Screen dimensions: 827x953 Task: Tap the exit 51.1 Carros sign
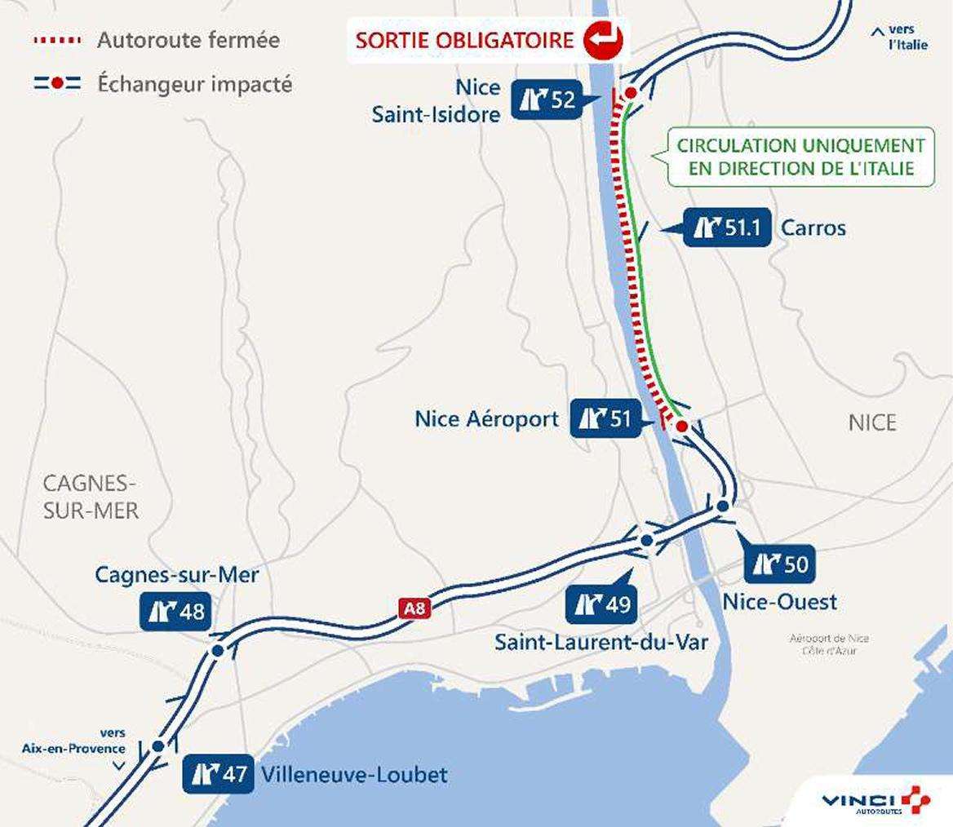726,228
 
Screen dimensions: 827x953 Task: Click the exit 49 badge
601,604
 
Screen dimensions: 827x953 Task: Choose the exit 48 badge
175,611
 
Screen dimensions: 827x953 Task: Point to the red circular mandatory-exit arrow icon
603,39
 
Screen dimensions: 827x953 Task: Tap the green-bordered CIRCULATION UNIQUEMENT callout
800,157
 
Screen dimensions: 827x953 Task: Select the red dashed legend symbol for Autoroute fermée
57,40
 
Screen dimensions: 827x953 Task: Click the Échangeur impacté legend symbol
57,83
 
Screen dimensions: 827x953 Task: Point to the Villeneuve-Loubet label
354,773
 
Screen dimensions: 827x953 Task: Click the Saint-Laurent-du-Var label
601,643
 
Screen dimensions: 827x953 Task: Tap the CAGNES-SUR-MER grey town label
91,497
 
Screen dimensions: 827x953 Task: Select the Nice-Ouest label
779,602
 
